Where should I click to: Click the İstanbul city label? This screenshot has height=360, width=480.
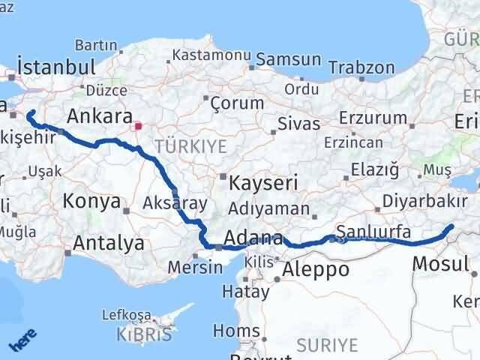pyautogui.click(x=55, y=66)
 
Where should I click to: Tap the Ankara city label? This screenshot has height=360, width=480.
pyautogui.click(x=99, y=116)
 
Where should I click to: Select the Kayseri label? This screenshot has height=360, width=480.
pyautogui.click(x=263, y=181)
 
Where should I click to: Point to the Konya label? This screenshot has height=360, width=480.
pyautogui.click(x=92, y=201)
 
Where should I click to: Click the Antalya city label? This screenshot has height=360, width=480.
pyautogui.click(x=109, y=243)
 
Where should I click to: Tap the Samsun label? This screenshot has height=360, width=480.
pyautogui.click(x=289, y=58)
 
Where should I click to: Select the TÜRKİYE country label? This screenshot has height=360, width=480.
pyautogui.click(x=190, y=147)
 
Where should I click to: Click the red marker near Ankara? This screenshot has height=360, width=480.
pyautogui.click(x=137, y=126)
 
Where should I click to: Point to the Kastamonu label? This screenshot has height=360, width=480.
pyautogui.click(x=211, y=55)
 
